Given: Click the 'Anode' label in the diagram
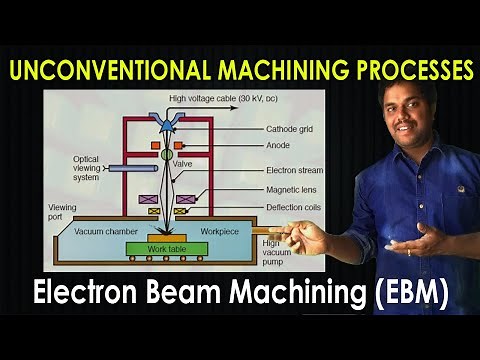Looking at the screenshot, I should pos(278,144).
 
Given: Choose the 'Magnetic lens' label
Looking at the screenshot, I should pos(291,190).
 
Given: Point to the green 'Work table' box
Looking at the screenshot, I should pos(168,247).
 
